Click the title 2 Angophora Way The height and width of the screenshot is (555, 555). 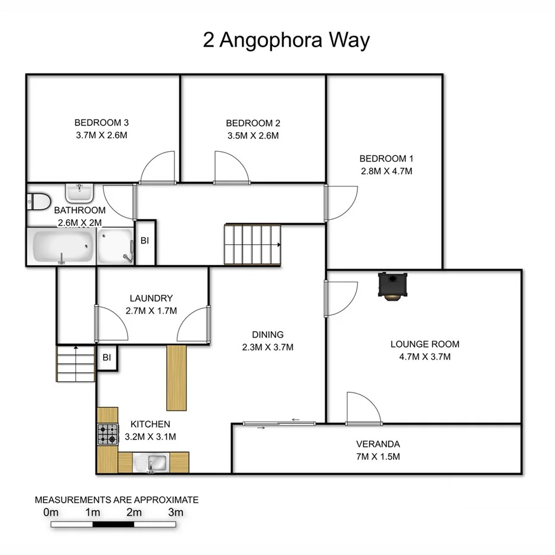click(x=286, y=40)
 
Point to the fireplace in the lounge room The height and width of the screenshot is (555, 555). click(x=392, y=285)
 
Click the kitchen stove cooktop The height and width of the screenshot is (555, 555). click(x=108, y=434)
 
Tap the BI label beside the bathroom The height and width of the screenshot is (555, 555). click(x=145, y=241)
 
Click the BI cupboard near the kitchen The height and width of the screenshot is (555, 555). click(x=107, y=358)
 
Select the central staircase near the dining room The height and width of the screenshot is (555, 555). click(x=252, y=244)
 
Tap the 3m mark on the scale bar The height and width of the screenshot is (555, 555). click(x=175, y=512)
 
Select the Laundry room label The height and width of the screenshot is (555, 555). click(x=151, y=298)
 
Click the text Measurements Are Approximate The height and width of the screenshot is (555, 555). click(x=117, y=500)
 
